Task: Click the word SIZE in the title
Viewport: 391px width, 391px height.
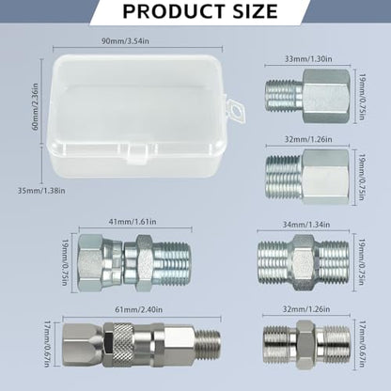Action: (256, 11)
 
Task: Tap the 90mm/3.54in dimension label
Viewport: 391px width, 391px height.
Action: (125, 41)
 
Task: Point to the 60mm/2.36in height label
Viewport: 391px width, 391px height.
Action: (36, 106)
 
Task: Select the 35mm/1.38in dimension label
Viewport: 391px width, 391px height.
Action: (41, 190)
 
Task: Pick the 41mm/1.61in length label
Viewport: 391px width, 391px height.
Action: (133, 222)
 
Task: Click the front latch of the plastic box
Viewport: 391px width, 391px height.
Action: (138, 153)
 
